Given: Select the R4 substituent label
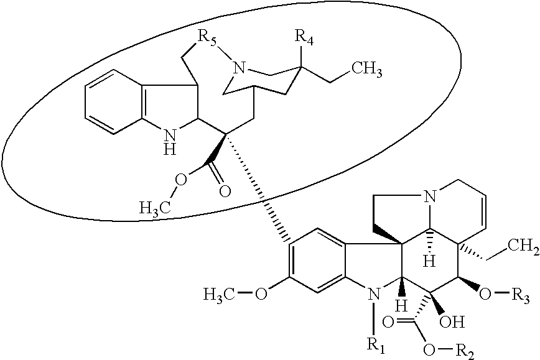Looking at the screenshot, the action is [x=305, y=37].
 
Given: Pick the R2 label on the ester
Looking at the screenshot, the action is [x=465, y=351].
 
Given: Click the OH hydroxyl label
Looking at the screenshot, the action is [x=452, y=322].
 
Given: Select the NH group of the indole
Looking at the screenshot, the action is [x=170, y=142].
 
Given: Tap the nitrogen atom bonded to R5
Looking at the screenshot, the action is [x=239, y=67].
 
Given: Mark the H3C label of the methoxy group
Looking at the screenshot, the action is [x=220, y=295].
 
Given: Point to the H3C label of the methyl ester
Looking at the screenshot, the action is [x=156, y=208].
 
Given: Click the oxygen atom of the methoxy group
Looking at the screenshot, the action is [x=261, y=295].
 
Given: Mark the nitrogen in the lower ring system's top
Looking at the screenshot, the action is [x=429, y=196].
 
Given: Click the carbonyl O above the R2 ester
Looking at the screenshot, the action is [x=388, y=323].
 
